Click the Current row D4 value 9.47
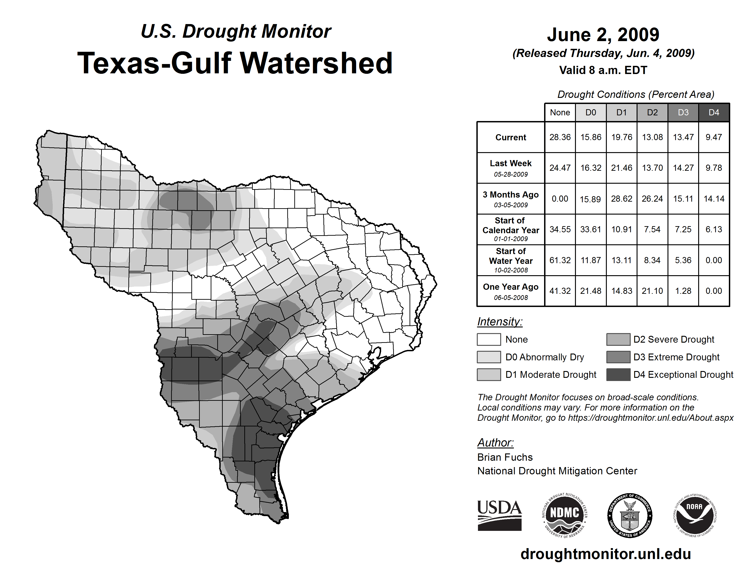tap(714, 137)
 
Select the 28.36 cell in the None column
tap(560, 137)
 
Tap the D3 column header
tap(683, 112)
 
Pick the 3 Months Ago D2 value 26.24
tap(652, 199)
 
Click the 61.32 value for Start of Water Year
tap(560, 260)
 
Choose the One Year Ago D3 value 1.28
tap(683, 291)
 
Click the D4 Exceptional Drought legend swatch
tap(618, 375)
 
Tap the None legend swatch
tap(489, 339)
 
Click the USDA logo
tap(499, 516)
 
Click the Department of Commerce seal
tap(630, 516)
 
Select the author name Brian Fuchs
tap(505, 457)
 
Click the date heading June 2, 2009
tap(603, 35)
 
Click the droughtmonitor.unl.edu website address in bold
tap(606, 554)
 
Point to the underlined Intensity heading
tap(500, 322)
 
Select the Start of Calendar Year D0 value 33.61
tap(591, 229)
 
